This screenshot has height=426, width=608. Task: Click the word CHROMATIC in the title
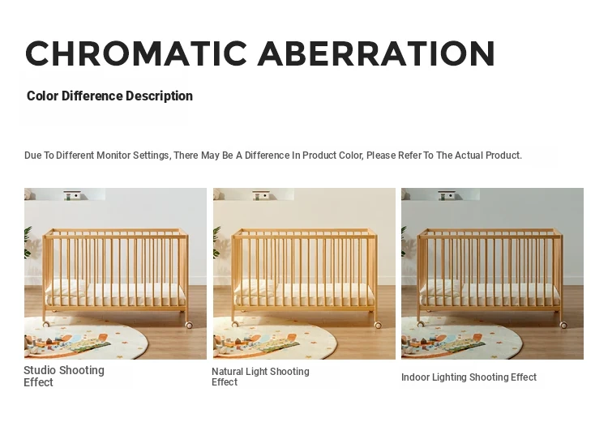tap(136, 53)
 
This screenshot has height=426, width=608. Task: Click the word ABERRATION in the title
tap(376, 53)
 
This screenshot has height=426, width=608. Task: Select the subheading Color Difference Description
tap(109, 96)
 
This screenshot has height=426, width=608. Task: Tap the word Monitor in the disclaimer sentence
tap(113, 155)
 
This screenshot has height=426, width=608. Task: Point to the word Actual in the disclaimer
tap(469, 155)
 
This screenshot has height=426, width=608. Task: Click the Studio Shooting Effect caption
tap(64, 376)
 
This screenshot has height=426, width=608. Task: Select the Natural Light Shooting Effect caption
tap(260, 377)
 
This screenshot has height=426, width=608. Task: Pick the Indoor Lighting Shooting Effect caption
tap(469, 377)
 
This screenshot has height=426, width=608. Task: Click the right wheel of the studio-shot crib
tap(189, 325)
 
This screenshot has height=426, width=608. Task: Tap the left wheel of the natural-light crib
tap(235, 324)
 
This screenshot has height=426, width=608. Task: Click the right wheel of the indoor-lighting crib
tap(563, 325)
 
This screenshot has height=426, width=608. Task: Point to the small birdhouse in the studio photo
tap(72, 195)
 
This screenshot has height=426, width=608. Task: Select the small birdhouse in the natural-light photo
tap(261, 195)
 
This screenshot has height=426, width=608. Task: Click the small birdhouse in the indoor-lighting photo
tap(447, 195)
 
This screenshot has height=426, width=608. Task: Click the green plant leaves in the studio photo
tap(28, 243)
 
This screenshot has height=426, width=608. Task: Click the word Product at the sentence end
tap(503, 155)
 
